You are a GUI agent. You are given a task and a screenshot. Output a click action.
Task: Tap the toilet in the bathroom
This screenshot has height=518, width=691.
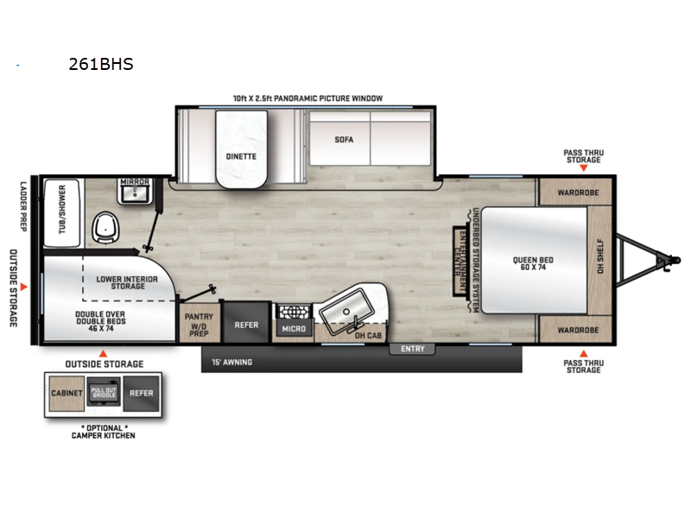[108, 228]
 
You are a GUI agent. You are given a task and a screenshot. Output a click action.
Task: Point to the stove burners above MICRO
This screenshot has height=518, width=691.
[292, 312]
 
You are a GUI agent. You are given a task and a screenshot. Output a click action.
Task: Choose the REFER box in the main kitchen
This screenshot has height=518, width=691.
[246, 326]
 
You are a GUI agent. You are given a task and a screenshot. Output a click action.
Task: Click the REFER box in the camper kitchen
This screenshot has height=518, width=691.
[141, 394]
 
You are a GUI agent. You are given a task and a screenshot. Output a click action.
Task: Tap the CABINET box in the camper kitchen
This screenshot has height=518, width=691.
[67, 394]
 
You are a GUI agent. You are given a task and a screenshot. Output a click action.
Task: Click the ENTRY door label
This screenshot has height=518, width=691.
[413, 349]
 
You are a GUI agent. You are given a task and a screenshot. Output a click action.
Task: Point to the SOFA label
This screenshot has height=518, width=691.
[345, 139]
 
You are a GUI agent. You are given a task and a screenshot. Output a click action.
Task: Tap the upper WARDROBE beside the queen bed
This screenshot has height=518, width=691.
[574, 192]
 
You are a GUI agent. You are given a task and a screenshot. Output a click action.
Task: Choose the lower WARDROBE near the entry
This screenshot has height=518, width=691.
[574, 330]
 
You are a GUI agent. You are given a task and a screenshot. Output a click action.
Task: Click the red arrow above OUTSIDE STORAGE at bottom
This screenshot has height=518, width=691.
[103, 353]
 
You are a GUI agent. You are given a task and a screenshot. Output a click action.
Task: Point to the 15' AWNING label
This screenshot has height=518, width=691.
[231, 362]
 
